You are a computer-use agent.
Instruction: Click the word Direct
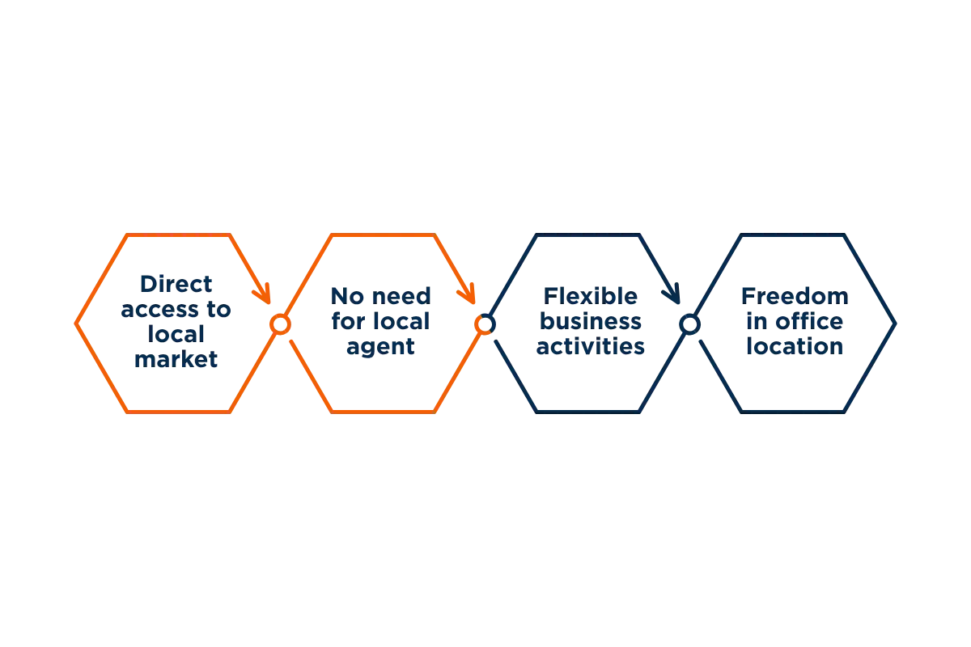tap(176, 285)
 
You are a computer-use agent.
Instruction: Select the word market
tap(176, 359)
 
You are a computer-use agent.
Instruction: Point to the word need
tap(401, 297)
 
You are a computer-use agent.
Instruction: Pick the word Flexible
tap(591, 297)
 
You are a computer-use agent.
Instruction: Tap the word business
tap(591, 322)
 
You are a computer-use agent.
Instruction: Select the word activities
tap(591, 346)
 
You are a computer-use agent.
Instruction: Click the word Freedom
tap(795, 297)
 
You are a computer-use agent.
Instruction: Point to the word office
tap(809, 322)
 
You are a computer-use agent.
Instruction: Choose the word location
tap(795, 346)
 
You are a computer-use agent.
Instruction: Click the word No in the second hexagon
tap(347, 297)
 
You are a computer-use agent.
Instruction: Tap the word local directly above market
tap(176, 334)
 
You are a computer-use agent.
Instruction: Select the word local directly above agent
tap(401, 322)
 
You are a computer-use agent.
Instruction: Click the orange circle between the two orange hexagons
tap(281, 324)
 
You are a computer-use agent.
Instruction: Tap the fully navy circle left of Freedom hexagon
tap(689, 324)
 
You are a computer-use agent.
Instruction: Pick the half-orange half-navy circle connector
tap(485, 324)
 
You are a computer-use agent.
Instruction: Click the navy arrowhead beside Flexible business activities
tap(672, 294)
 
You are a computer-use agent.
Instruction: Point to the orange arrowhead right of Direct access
tap(262, 294)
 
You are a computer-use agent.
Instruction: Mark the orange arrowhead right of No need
tap(467, 294)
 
